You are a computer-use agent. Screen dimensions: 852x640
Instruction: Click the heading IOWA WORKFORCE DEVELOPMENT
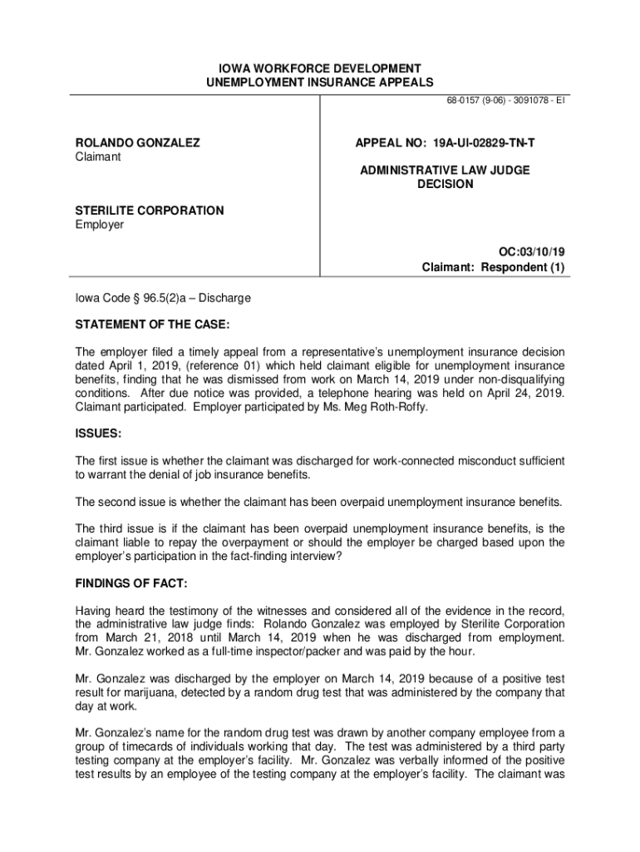pyautogui.click(x=320, y=67)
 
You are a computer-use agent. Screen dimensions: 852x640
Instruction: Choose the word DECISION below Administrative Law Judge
pyautogui.click(x=445, y=184)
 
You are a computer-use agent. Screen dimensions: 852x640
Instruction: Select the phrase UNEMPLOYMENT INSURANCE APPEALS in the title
pyautogui.click(x=320, y=82)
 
